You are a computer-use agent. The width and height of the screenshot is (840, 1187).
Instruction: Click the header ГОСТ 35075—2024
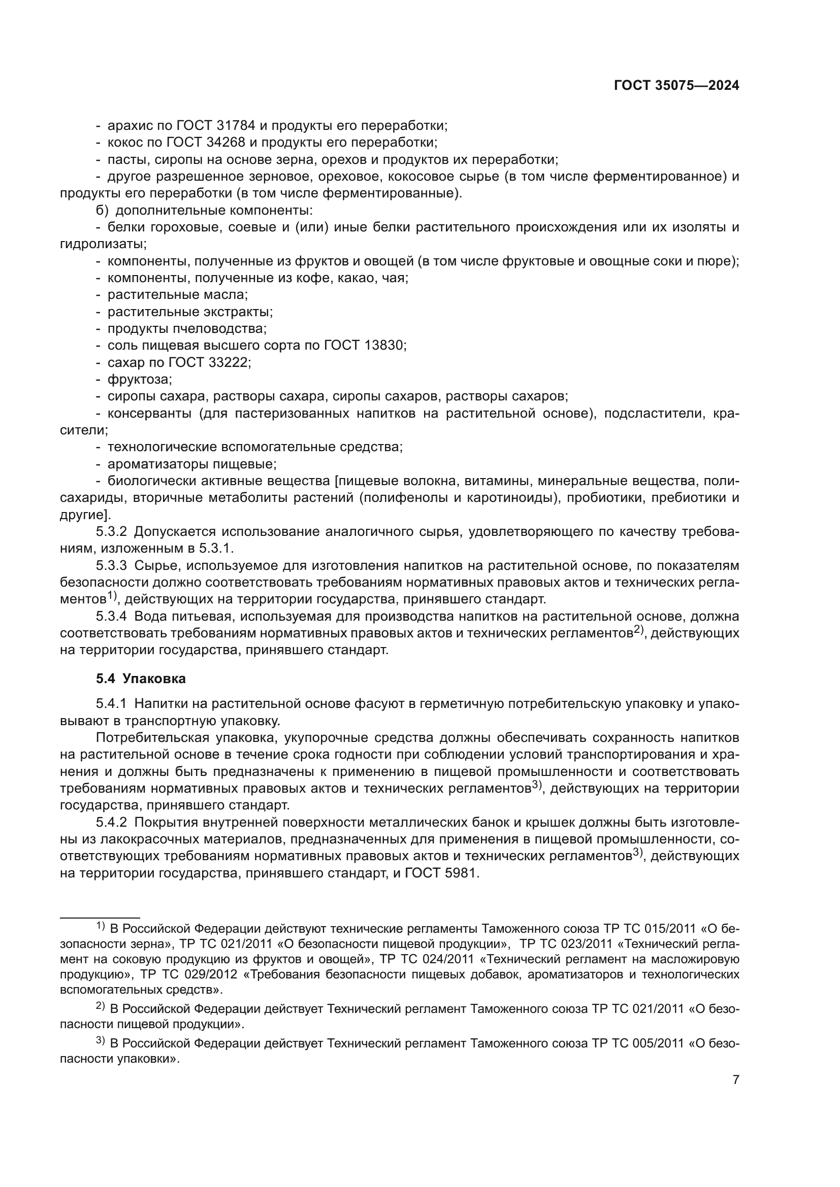pos(676,86)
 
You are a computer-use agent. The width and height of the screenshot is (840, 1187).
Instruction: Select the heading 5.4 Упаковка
pos(141,679)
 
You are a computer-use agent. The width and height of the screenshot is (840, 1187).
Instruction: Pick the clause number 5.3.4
pos(111,616)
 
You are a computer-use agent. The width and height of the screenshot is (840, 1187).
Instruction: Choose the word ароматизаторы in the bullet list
pos(153,464)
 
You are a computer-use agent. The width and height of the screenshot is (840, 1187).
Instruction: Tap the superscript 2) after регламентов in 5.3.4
pos(637,631)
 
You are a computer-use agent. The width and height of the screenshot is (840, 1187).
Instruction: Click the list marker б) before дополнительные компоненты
pos(102,211)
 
